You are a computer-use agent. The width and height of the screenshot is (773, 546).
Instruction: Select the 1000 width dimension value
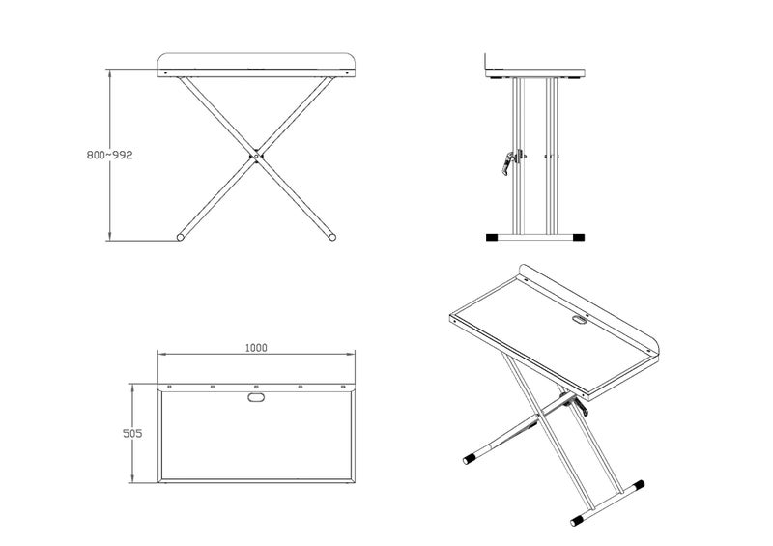pyautogui.click(x=256, y=348)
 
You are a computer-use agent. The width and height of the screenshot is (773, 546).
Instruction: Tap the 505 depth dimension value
pyautogui.click(x=133, y=434)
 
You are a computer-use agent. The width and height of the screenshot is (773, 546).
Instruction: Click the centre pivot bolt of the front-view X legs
pyautogui.click(x=255, y=154)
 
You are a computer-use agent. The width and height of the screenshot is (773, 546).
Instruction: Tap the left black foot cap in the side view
pyautogui.click(x=492, y=237)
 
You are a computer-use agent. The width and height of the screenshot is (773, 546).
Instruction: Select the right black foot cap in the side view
pyautogui.click(x=578, y=237)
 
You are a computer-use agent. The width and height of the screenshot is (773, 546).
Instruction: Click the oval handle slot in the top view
pyautogui.click(x=256, y=396)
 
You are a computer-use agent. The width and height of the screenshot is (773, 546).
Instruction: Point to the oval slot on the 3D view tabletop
pyautogui.click(x=579, y=320)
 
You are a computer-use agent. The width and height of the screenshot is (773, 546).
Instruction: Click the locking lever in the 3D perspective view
pyautogui.click(x=577, y=404)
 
